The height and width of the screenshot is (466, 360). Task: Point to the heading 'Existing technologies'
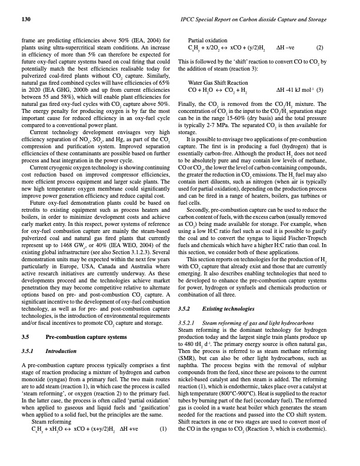coord(225,308)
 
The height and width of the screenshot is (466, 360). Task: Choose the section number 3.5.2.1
coord(188,323)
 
